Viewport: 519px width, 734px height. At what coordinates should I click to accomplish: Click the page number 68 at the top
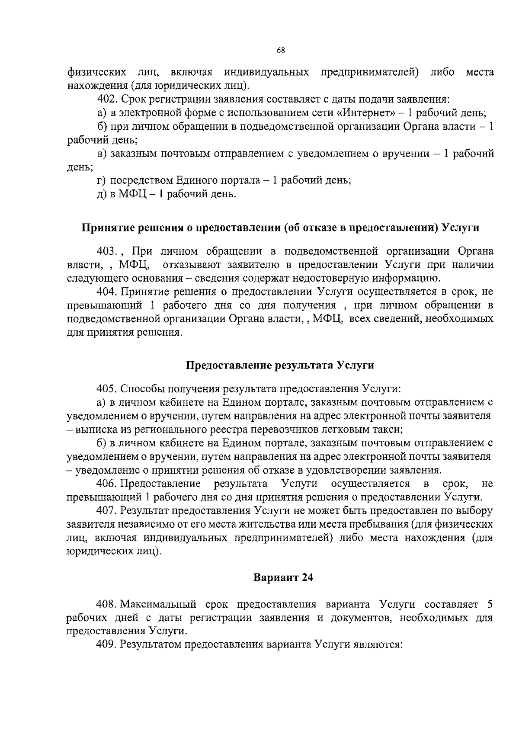[281, 51]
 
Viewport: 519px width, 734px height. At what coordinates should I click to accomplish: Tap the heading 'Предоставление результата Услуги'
[280, 365]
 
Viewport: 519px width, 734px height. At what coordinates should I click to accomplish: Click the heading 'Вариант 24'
[283, 578]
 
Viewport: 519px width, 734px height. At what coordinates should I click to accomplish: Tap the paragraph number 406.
[108, 483]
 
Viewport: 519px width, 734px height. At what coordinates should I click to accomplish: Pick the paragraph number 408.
[108, 604]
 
